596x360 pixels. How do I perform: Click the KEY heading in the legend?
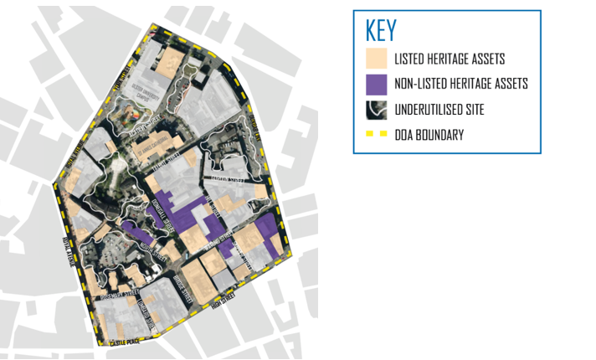(382, 30)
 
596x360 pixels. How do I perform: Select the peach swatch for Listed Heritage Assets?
(377, 59)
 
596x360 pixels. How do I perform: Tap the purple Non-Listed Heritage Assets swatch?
(377, 84)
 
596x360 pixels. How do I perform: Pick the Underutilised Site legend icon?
(377, 109)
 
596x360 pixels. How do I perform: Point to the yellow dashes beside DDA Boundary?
(377, 134)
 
